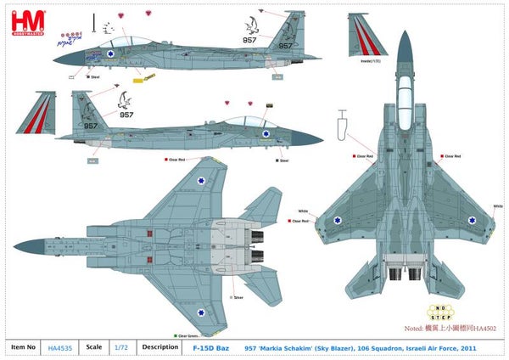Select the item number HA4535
point(59,346)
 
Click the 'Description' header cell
point(159,346)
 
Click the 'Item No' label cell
point(23,346)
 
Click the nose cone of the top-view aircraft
point(403,42)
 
